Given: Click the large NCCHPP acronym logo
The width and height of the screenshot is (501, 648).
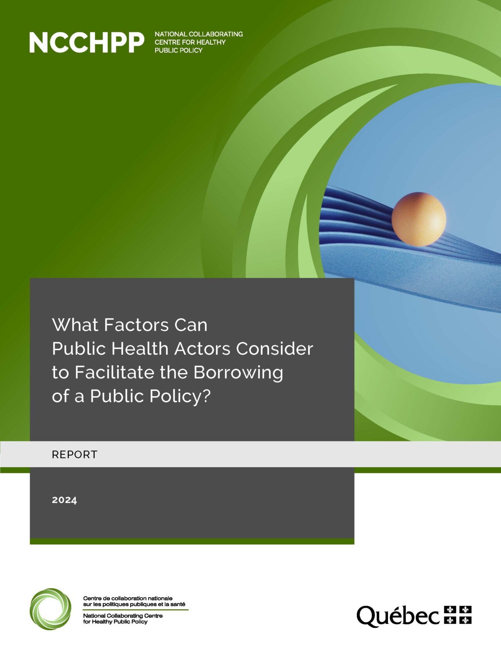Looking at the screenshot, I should click(x=87, y=43).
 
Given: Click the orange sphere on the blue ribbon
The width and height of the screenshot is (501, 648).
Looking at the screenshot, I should click(x=418, y=219).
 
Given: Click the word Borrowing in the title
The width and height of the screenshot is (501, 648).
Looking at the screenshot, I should click(x=238, y=373).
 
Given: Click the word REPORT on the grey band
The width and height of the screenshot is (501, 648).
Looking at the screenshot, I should click(x=74, y=454).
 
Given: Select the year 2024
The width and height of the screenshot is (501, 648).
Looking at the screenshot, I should click(x=65, y=500).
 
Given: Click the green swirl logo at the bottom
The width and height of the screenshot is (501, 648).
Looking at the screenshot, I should click(x=50, y=609).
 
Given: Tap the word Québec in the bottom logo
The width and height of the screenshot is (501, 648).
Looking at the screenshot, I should click(x=398, y=616).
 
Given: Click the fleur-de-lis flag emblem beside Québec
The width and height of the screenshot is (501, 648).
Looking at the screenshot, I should click(x=458, y=615).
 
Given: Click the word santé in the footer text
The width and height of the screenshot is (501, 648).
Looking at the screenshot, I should click(x=178, y=604).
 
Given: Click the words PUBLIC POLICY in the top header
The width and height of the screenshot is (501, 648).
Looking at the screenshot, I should click(x=178, y=50).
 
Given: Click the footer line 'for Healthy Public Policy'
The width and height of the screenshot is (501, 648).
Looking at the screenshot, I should click(x=115, y=621).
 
